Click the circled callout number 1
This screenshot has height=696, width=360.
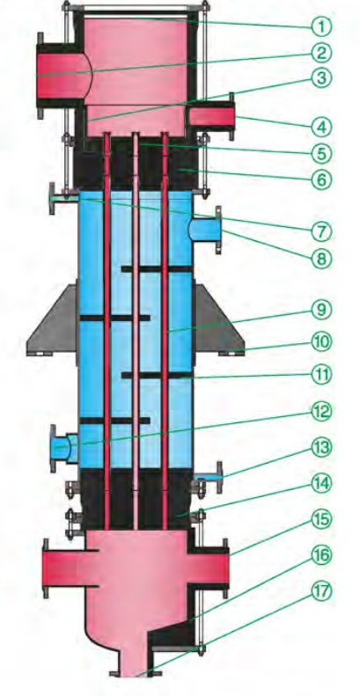click(x=322, y=27)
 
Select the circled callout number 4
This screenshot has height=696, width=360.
click(x=322, y=127)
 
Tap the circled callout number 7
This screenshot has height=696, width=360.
click(x=322, y=231)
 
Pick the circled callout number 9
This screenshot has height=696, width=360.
click(x=322, y=310)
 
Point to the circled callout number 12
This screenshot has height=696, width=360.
click(x=322, y=411)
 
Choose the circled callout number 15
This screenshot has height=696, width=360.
click(x=322, y=518)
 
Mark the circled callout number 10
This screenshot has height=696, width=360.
click(x=322, y=341)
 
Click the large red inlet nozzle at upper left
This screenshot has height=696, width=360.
click(x=62, y=76)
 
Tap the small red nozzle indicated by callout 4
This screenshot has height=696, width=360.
click(x=211, y=116)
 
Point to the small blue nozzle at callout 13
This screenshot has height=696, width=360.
click(x=209, y=477)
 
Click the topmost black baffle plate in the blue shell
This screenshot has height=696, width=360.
click(x=158, y=269)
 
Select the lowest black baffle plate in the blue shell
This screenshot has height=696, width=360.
click(x=114, y=421)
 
